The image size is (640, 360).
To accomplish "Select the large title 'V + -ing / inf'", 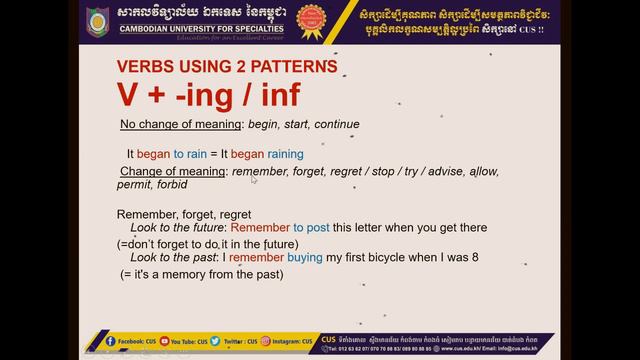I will [x=208, y=95].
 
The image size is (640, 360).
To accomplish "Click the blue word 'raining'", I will [x=286, y=155].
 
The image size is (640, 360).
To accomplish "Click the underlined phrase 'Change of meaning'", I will [x=171, y=172].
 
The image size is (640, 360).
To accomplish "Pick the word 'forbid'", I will [x=172, y=185].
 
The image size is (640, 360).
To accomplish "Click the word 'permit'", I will [x=134, y=185].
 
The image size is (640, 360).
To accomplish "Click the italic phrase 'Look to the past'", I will [x=166, y=258].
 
